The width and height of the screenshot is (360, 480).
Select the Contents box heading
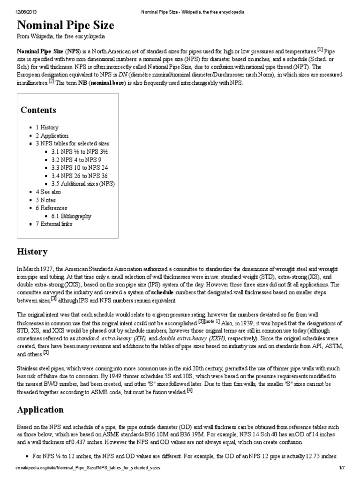38,110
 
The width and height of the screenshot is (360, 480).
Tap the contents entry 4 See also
48,192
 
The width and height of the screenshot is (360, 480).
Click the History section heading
32,252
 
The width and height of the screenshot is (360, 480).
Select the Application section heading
40,410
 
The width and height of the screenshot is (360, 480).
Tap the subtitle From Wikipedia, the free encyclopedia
61,36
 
